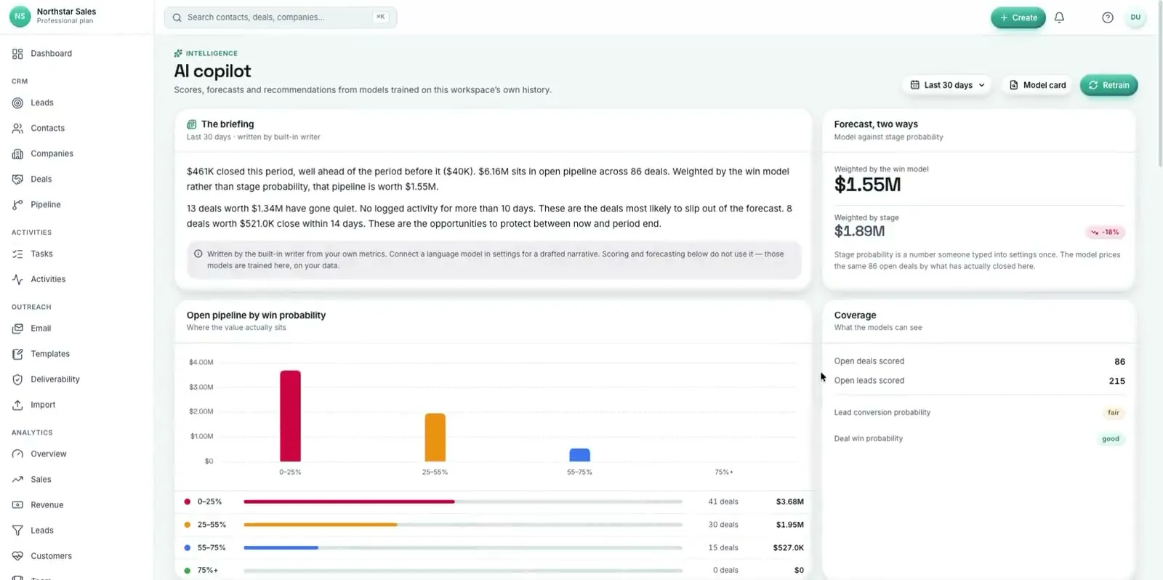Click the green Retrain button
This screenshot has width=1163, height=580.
point(1108,85)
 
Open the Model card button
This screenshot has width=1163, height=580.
point(1037,85)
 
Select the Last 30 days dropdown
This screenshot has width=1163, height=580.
point(948,85)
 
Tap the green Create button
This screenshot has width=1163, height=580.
point(1018,17)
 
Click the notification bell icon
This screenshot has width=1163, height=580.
point(1059,17)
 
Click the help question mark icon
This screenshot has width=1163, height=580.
point(1108,17)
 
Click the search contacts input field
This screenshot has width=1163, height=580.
point(281,17)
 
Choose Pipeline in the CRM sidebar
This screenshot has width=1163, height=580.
point(45,204)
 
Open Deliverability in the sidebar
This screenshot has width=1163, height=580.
point(55,379)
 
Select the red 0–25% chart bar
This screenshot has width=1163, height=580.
point(290,416)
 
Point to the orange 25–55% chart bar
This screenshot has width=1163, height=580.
point(435,438)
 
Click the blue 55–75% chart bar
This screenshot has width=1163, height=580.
point(579,455)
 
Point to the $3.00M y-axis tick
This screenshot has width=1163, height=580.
point(201,387)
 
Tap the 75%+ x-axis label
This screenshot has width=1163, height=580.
point(724,472)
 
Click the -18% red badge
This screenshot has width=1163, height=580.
point(1105,232)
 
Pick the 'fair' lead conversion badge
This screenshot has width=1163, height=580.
point(1113,413)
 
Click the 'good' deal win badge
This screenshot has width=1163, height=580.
point(1111,439)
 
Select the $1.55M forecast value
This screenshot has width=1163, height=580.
point(867,185)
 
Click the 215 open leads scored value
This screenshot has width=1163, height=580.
point(1116,381)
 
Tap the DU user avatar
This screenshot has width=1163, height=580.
point(1135,17)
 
